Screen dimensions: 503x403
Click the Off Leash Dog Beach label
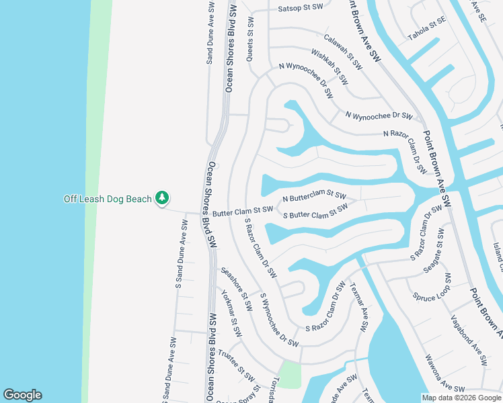pos(108,199)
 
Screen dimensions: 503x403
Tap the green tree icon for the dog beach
pos(161,198)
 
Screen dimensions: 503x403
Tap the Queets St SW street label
pos(250,40)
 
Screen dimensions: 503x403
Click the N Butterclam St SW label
pos(314,197)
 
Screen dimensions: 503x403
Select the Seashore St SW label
pos(236,289)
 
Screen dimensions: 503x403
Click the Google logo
pos(22,395)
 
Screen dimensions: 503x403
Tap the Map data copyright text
pos(461,398)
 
